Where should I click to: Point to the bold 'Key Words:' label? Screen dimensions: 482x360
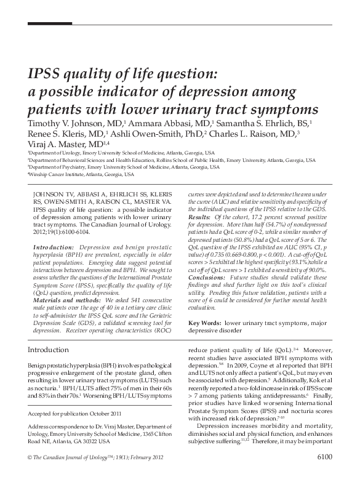pyautogui.click(x=204, y=322)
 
